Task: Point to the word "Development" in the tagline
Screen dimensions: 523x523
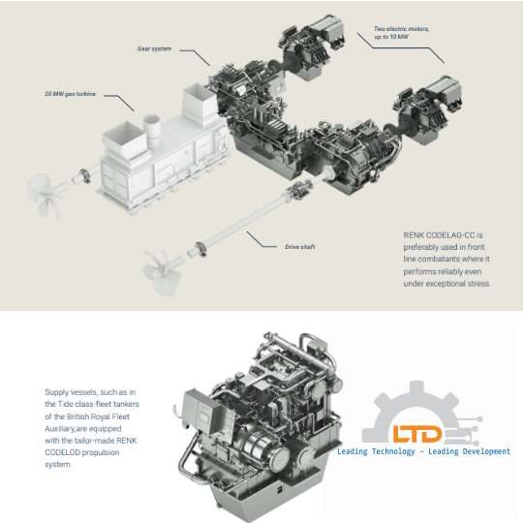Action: (479, 451)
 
